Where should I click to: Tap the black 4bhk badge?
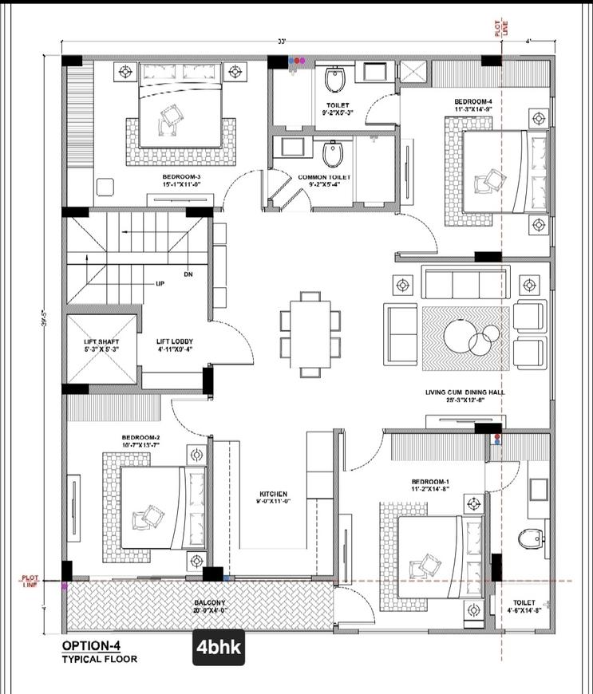coord(218,647)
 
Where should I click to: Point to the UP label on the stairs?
coord(160,283)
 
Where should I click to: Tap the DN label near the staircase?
coord(188,274)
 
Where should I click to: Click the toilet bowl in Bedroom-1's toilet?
coord(529,539)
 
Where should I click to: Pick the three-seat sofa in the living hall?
coord(465,283)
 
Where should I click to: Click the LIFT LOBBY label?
coord(175,345)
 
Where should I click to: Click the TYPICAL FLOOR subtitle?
coord(99,659)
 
